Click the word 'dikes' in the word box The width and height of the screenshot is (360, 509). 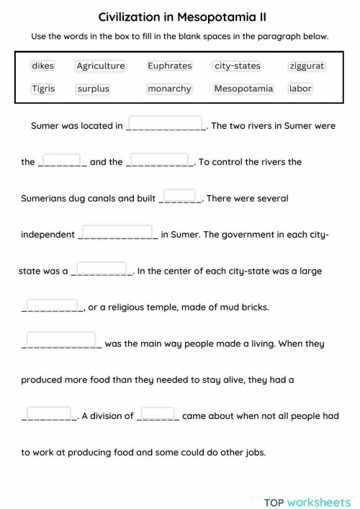(x=42, y=66)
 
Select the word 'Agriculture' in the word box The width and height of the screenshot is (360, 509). (x=101, y=66)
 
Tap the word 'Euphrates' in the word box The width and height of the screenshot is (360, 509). (x=169, y=66)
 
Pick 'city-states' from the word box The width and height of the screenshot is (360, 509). (x=237, y=66)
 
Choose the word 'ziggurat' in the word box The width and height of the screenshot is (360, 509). (x=306, y=66)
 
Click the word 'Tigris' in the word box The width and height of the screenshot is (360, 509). (x=42, y=89)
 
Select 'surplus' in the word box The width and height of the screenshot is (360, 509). (x=93, y=89)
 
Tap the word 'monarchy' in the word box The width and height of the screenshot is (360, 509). (x=169, y=89)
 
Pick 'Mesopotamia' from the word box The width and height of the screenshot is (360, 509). (x=243, y=89)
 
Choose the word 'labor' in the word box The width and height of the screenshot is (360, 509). (x=300, y=89)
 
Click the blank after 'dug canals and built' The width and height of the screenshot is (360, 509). (x=180, y=196)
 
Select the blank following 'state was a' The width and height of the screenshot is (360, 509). (x=102, y=269)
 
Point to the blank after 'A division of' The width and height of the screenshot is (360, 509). (x=158, y=413)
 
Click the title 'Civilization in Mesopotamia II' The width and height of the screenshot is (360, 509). (x=179, y=16)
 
